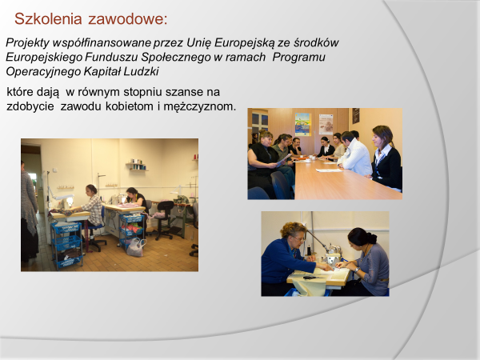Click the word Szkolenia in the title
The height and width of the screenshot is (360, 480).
tap(48, 18)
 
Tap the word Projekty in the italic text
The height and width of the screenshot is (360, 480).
tap(27, 43)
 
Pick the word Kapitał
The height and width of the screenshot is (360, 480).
tap(102, 72)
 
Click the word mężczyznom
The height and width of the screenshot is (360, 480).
tap(199, 107)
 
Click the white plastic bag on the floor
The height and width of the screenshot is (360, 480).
tap(136, 247)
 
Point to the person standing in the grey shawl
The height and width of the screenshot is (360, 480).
tap(30, 211)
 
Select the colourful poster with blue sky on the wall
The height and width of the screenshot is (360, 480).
tap(302, 124)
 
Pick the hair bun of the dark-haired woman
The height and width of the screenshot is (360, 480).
tap(371, 237)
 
